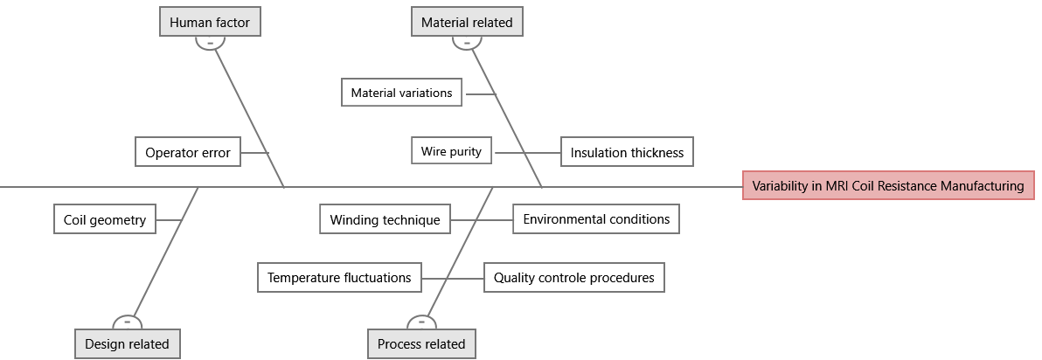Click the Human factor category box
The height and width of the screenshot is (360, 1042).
point(210,22)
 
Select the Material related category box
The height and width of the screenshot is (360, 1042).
point(467,22)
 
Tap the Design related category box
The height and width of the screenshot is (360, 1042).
point(128,343)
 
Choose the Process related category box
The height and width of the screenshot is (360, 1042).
point(421,343)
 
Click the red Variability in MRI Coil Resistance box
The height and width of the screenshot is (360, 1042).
point(888,185)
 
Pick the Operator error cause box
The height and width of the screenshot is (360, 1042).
point(188,152)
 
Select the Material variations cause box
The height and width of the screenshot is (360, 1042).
point(401,93)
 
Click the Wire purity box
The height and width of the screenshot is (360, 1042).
point(451,151)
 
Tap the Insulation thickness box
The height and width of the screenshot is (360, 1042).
point(627,152)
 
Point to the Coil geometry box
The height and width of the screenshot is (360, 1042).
point(105,219)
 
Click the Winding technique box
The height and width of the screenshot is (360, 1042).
point(385,219)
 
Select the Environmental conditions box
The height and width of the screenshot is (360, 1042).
point(596,218)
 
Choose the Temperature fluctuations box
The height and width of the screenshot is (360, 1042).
point(339,278)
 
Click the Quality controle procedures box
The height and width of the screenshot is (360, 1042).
point(573,278)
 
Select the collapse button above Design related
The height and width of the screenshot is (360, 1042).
point(128,322)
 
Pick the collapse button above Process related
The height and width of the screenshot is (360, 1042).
point(421,322)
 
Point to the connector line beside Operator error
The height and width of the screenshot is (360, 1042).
point(254,153)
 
